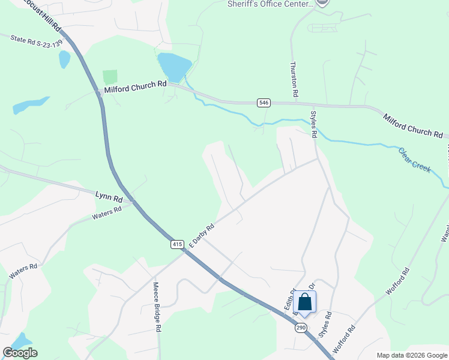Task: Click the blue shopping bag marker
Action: click(305, 303)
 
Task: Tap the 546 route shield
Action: click(264, 103)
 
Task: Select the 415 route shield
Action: click(176, 244)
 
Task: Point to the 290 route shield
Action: click(301, 328)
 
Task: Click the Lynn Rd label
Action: click(109, 196)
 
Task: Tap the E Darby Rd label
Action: click(202, 236)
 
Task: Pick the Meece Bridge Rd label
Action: click(157, 307)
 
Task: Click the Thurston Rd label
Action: click(294, 79)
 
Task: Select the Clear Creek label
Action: click(415, 160)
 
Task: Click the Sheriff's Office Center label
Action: click(271, 4)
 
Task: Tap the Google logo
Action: click(20, 353)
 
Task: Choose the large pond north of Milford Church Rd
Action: click(173, 67)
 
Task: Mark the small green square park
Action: click(109, 77)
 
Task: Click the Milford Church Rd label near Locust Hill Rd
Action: click(135, 88)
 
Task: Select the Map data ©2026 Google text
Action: click(411, 355)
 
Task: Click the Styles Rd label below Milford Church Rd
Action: click(313, 124)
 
